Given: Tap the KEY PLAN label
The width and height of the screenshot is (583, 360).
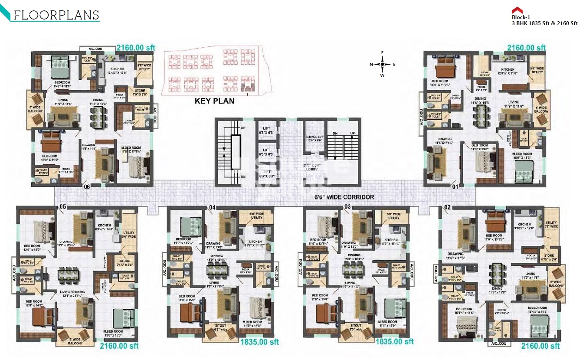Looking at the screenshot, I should [214, 101].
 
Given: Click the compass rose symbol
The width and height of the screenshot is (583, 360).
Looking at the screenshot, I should [382, 64].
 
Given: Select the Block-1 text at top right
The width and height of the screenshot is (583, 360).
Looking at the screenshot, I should [521, 17].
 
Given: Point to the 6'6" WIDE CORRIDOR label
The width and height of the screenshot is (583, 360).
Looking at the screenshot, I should [344, 197].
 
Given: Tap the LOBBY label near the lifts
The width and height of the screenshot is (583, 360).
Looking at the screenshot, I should [311, 168].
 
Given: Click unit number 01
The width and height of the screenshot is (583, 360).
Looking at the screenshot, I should [455, 187].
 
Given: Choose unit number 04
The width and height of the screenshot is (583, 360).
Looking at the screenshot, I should [212, 207].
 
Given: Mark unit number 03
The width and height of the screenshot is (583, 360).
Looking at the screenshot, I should [347, 207].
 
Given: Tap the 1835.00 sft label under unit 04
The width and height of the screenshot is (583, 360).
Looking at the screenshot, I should [259, 342].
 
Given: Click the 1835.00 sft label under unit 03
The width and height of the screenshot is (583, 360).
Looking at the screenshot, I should [394, 342].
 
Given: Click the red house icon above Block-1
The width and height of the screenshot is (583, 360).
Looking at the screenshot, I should [516, 10].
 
